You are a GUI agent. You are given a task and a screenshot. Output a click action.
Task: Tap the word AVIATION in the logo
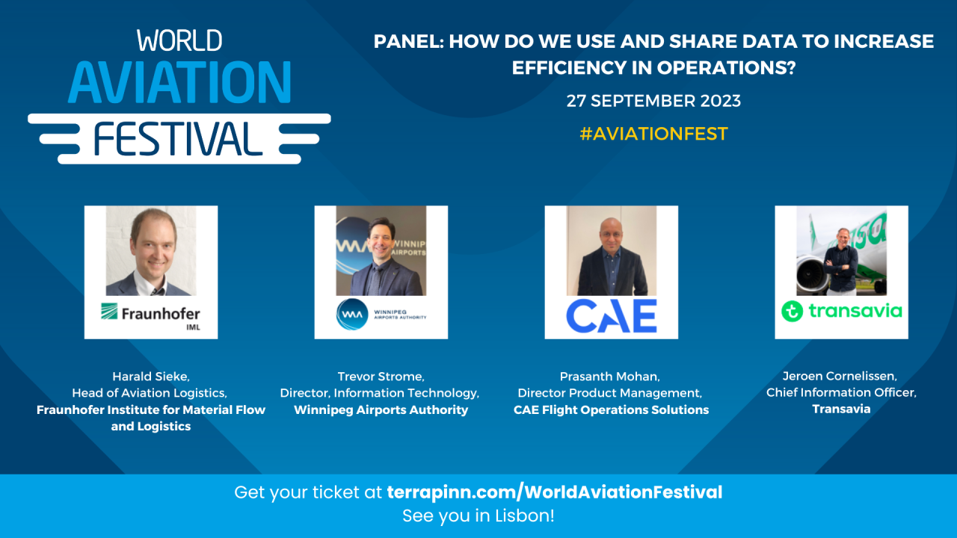click(179, 82)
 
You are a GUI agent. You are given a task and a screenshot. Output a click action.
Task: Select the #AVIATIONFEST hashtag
click(653, 134)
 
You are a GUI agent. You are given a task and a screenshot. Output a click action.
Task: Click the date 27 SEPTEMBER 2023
click(653, 101)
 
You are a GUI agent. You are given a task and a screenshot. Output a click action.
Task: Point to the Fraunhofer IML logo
click(151, 315)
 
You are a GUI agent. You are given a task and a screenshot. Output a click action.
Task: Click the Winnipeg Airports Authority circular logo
click(349, 315)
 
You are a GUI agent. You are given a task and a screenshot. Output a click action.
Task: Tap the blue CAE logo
click(611, 315)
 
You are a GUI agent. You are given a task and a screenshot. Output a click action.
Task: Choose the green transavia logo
click(841, 311)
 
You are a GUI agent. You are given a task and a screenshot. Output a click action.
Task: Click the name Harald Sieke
click(151, 376)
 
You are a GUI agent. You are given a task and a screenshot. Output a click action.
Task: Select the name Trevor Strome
click(381, 376)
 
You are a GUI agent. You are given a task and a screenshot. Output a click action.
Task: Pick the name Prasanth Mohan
click(611, 376)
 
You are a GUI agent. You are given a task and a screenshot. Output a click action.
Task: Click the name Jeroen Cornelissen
click(841, 376)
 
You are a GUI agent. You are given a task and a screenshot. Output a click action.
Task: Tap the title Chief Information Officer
click(841, 392)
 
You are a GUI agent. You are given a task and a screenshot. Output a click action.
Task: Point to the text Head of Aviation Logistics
click(150, 392)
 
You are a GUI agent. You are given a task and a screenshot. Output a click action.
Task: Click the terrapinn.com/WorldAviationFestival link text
click(554, 492)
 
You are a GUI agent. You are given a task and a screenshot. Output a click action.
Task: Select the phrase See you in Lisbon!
click(478, 516)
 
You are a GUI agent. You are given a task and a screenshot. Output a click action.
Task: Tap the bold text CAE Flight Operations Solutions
click(611, 409)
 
